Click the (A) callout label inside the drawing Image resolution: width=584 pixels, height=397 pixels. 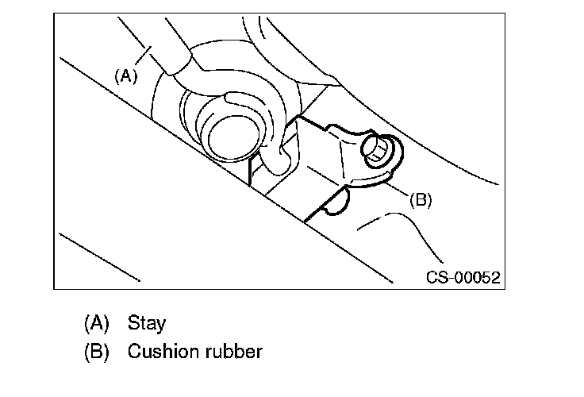click(125, 76)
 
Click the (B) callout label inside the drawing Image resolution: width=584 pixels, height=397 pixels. click(421, 199)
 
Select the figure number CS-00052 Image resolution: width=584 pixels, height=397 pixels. click(463, 277)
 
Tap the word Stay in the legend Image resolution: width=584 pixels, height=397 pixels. click(146, 323)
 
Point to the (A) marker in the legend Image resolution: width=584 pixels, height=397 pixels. click(97, 323)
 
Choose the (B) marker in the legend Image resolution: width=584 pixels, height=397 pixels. click(97, 352)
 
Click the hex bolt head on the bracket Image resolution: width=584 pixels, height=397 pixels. click(375, 148)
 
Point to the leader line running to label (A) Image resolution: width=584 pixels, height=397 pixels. click(143, 55)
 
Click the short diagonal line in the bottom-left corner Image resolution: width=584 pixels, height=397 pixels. click(99, 257)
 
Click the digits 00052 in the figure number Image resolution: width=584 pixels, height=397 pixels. click(478, 277)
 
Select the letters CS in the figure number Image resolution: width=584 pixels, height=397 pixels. click(437, 277)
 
